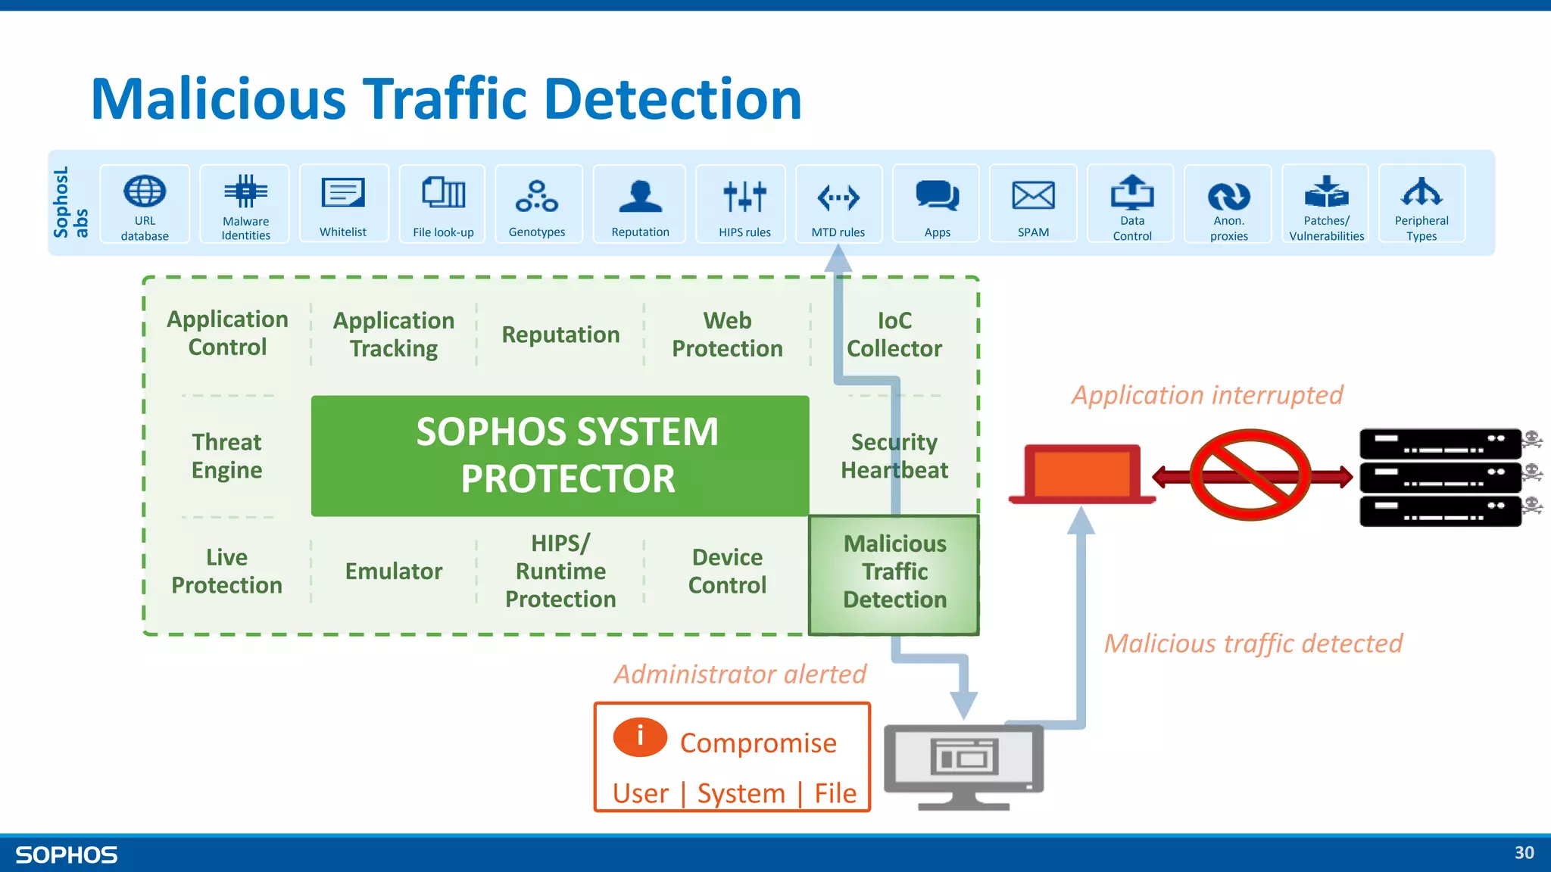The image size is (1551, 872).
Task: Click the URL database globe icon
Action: (x=145, y=191)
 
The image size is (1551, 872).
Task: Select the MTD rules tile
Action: (x=838, y=204)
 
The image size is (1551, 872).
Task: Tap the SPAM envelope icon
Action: (x=1033, y=195)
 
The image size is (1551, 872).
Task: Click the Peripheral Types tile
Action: (x=1421, y=204)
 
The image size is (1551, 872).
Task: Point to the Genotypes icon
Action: (x=537, y=196)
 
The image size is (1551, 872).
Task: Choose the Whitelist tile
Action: (x=344, y=204)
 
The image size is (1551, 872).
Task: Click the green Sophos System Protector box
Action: (x=560, y=456)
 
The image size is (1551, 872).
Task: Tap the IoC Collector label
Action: (x=894, y=335)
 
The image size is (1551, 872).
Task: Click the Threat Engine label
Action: (x=226, y=456)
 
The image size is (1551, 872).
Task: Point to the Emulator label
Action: (x=394, y=571)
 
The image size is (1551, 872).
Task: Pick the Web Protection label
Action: (x=727, y=335)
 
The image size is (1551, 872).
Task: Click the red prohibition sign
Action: (x=1250, y=475)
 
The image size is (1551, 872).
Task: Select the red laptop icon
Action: (x=1082, y=474)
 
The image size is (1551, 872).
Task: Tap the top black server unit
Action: (x=1439, y=444)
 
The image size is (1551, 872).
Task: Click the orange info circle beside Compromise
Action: (x=640, y=737)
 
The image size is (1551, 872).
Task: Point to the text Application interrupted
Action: (x=1206, y=395)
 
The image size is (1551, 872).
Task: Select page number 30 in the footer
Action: (x=1524, y=853)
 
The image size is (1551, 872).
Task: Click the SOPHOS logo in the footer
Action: (x=67, y=855)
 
